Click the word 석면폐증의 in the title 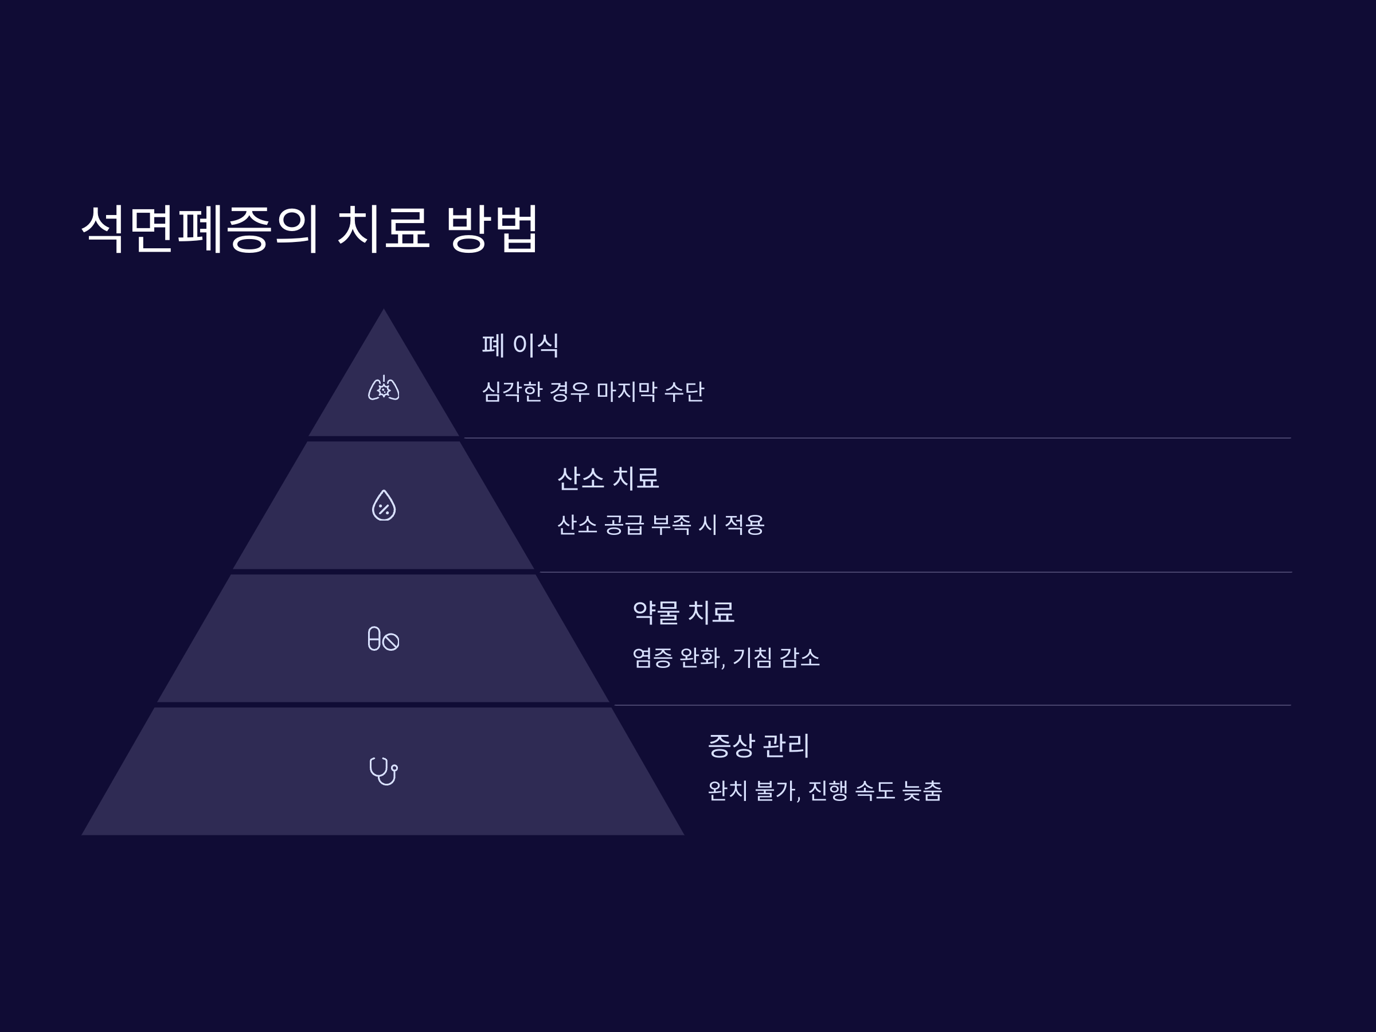200,228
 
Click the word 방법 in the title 491,228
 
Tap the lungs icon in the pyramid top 384,389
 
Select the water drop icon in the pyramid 384,505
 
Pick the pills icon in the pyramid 383,639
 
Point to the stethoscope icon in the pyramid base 383,771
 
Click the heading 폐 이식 520,345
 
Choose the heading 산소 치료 608,478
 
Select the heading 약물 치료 683,612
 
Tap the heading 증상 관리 759,745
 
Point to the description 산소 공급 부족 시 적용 660,525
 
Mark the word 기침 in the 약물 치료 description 753,658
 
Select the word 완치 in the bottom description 727,791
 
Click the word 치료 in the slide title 383,228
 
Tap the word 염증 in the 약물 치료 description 652,658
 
